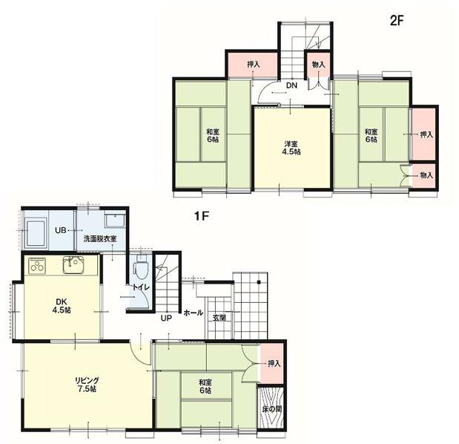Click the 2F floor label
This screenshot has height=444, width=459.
pyautogui.click(x=397, y=21)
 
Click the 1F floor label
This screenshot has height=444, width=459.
pyautogui.click(x=202, y=216)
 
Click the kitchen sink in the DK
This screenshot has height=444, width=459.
pyautogui.click(x=73, y=264)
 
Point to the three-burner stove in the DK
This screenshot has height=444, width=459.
pyautogui.click(x=36, y=266)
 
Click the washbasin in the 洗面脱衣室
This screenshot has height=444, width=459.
pyautogui.click(x=115, y=220)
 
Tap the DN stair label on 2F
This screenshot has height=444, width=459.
pyautogui.click(x=291, y=85)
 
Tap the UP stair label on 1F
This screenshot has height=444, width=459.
pyautogui.click(x=166, y=318)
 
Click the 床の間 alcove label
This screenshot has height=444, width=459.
pyautogui.click(x=272, y=409)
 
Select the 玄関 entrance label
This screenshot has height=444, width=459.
pyautogui.click(x=219, y=318)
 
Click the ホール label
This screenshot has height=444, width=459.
pyautogui.click(x=194, y=313)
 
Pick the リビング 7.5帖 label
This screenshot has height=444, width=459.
pyautogui.click(x=86, y=385)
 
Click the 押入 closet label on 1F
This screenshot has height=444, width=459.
pyautogui.click(x=274, y=364)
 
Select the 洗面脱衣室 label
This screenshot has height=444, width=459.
pyautogui.click(x=100, y=238)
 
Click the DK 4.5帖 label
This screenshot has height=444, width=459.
pyautogui.click(x=62, y=305)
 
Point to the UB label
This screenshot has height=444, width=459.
pyautogui.click(x=61, y=230)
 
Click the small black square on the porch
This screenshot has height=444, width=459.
pyautogui.click(x=259, y=282)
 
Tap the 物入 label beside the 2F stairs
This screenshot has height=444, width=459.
pyautogui.click(x=319, y=65)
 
